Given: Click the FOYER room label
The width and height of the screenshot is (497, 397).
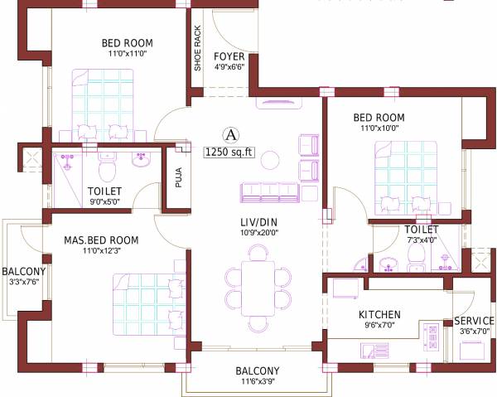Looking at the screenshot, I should click(229, 56).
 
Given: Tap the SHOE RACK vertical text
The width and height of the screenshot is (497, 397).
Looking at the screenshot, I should click(197, 48).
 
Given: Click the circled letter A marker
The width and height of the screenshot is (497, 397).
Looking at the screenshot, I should click(231, 133).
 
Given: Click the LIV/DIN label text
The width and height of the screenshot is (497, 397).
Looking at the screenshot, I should click(258, 222).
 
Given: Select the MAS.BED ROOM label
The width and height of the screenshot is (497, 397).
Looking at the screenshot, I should click(101, 240).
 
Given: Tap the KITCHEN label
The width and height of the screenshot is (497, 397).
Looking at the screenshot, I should click(379, 315).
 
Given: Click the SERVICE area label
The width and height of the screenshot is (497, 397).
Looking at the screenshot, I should click(473, 321).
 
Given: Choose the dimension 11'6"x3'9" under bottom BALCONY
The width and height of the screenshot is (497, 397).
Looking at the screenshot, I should click(257, 383).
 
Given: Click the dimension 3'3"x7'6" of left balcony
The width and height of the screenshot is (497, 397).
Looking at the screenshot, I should click(23, 282).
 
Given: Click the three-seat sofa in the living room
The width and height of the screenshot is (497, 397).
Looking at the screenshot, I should click(268, 191).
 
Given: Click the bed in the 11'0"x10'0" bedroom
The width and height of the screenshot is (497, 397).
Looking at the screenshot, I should click(404, 173).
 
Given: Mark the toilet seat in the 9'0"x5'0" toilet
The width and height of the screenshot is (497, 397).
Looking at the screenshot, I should click(106, 171).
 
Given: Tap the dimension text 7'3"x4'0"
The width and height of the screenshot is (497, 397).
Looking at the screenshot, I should click(421, 240).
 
